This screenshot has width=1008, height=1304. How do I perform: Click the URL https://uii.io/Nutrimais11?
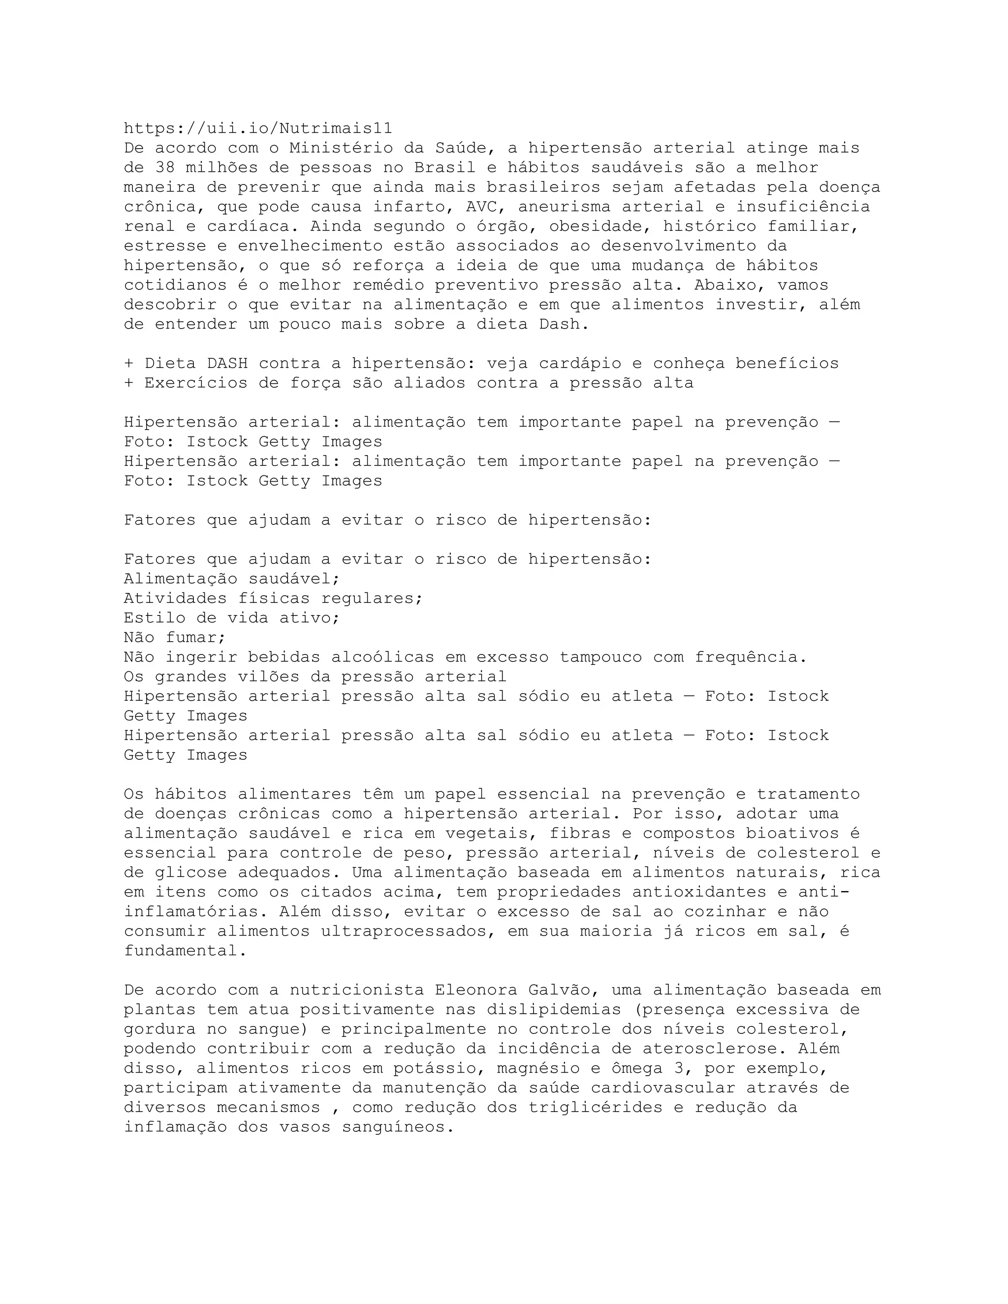[258, 128]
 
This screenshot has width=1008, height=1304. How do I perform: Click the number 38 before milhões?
[165, 168]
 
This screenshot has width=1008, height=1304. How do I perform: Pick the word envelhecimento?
[310, 246]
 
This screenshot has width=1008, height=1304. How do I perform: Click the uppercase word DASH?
[227, 364]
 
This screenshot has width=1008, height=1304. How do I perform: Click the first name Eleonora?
[476, 990]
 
